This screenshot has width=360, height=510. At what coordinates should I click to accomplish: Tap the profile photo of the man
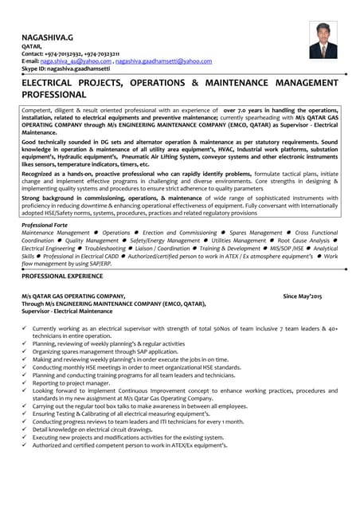point(323,40)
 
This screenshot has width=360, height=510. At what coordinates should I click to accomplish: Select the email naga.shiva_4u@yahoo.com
point(76,61)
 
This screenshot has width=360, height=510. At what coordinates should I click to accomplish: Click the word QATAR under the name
point(31,46)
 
